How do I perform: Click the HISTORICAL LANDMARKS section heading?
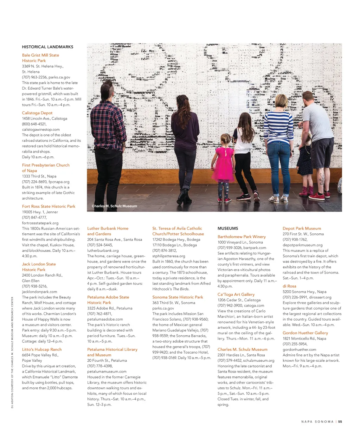[47, 47]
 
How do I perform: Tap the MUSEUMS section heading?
[228, 228]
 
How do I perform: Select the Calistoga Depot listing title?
[37, 113]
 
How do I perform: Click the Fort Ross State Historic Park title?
[49, 206]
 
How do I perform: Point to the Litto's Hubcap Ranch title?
[41, 349]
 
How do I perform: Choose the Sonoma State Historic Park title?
[178, 297]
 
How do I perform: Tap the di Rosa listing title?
[289, 286]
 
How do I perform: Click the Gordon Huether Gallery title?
[305, 333]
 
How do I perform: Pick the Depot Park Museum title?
[302, 228]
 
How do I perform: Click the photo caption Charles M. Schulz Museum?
[114, 206]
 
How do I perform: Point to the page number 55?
[340, 422]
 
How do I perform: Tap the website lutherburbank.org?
[103, 251]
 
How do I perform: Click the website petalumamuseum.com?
[107, 372]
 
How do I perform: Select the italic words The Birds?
[181, 289]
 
